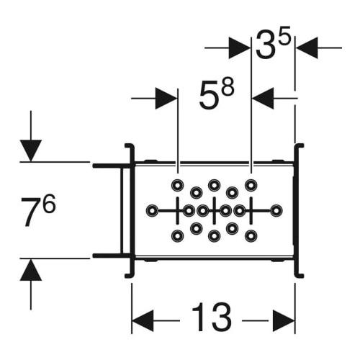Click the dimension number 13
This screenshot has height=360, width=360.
[x=212, y=318]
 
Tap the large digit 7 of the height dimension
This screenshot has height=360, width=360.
[x=31, y=212]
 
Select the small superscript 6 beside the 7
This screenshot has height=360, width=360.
[x=50, y=203]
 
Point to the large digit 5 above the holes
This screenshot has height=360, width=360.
[x=208, y=95]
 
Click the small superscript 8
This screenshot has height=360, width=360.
[x=228, y=87]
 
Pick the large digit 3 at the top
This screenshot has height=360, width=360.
[x=265, y=45]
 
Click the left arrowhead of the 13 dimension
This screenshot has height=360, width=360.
[x=143, y=320]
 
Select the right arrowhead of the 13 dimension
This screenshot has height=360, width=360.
[x=284, y=320]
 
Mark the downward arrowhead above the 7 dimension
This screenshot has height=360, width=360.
[x=31, y=150]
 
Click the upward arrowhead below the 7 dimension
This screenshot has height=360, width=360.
[x=31, y=270]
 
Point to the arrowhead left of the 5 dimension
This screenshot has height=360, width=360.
[x=166, y=98]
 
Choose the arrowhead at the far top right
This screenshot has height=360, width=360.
[x=307, y=48]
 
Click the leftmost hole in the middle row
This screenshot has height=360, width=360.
[x=152, y=211]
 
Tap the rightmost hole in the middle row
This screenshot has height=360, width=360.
[x=276, y=211]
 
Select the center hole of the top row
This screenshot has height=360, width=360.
[x=215, y=185]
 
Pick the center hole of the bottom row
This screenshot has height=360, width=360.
[x=215, y=236]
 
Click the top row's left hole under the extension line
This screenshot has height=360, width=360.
[x=178, y=186]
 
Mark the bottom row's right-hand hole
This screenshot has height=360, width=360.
[x=251, y=236]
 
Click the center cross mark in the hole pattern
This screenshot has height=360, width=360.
[x=215, y=211]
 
